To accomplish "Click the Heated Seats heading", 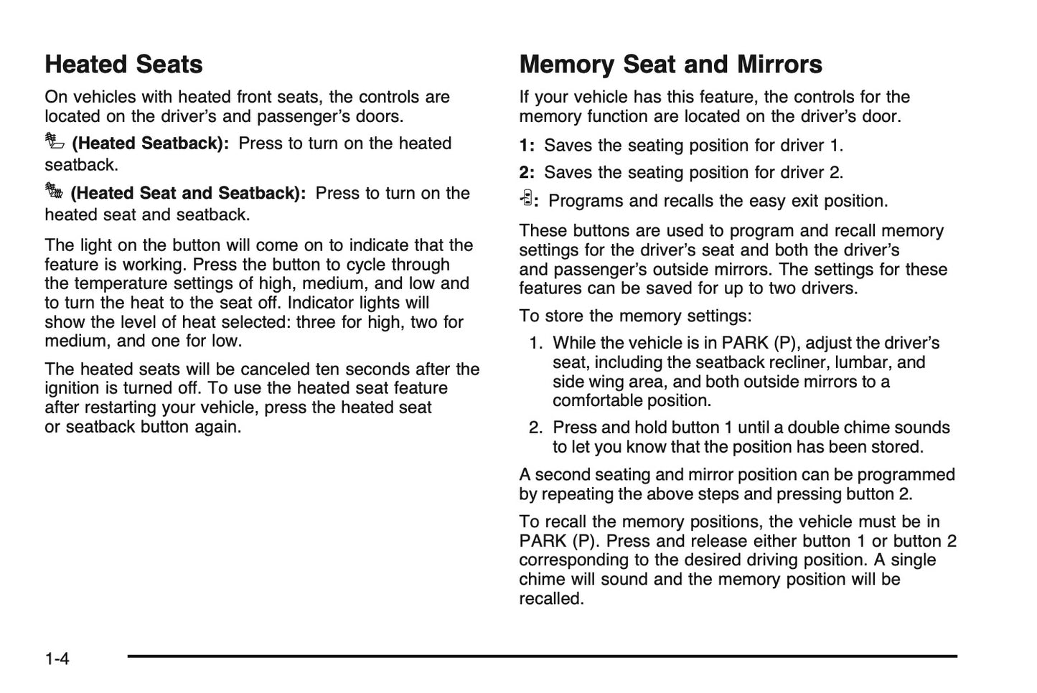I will pos(123,65).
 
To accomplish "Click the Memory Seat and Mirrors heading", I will pos(670,65).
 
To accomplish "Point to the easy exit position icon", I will pos(526,199).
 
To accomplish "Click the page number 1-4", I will pos(57,659).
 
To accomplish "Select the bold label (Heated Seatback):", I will pos(151,143).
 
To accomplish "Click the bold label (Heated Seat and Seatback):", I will pos(188,194).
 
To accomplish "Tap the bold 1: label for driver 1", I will pos(527,146).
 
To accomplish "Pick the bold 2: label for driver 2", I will pos(527,173).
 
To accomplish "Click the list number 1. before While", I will pos(535,344).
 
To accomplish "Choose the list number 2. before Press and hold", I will pos(535,428).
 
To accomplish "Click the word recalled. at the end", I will pos(551,599).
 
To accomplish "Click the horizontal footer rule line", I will pos(542,656).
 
